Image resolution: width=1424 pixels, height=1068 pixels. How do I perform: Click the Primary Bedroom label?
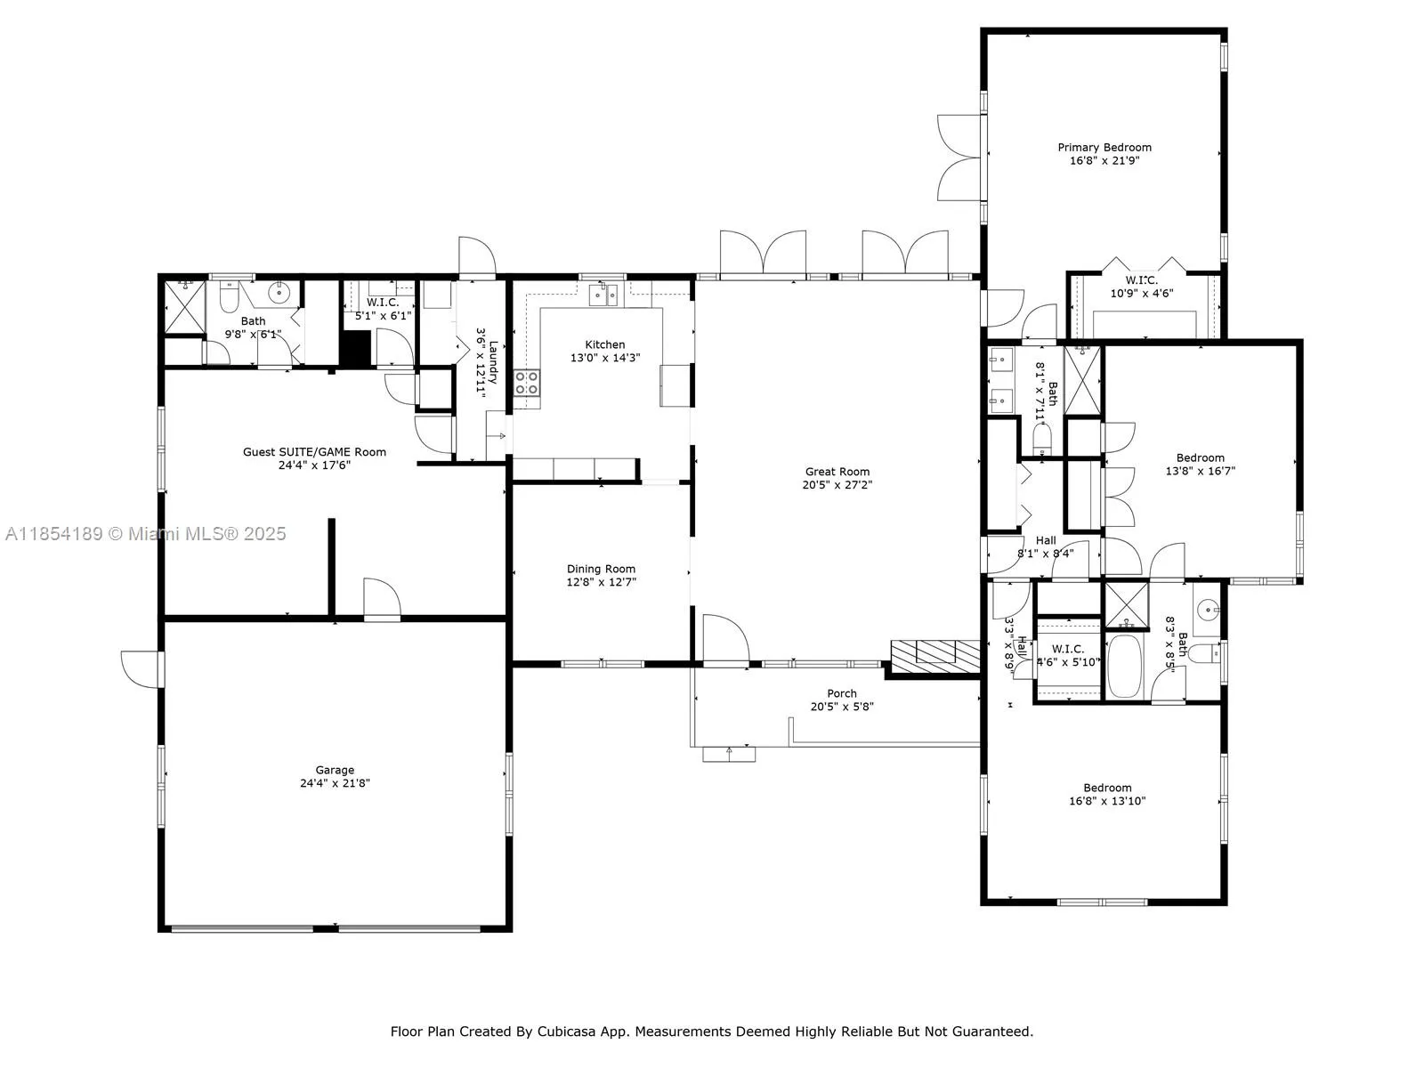1104,148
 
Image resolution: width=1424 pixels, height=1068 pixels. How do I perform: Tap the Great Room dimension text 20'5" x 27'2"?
837,486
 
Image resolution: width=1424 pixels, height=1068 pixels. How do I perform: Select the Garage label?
335,770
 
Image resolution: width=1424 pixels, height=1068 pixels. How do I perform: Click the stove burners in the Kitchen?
527,383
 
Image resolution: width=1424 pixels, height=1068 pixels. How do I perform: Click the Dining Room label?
601,569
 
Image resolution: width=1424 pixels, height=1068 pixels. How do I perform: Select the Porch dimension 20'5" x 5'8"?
842,707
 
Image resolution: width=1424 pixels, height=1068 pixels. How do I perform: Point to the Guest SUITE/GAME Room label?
314,452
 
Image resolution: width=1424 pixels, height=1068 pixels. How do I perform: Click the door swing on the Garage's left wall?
142,667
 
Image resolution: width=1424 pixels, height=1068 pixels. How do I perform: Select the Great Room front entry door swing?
723,637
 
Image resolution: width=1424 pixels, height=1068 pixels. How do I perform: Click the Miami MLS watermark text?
145,534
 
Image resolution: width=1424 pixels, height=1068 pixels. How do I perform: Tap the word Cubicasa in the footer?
569,1032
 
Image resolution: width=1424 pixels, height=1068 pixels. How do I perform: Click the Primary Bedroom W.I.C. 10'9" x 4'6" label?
1141,287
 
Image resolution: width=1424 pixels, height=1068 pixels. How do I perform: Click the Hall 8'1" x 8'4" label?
1046,546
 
